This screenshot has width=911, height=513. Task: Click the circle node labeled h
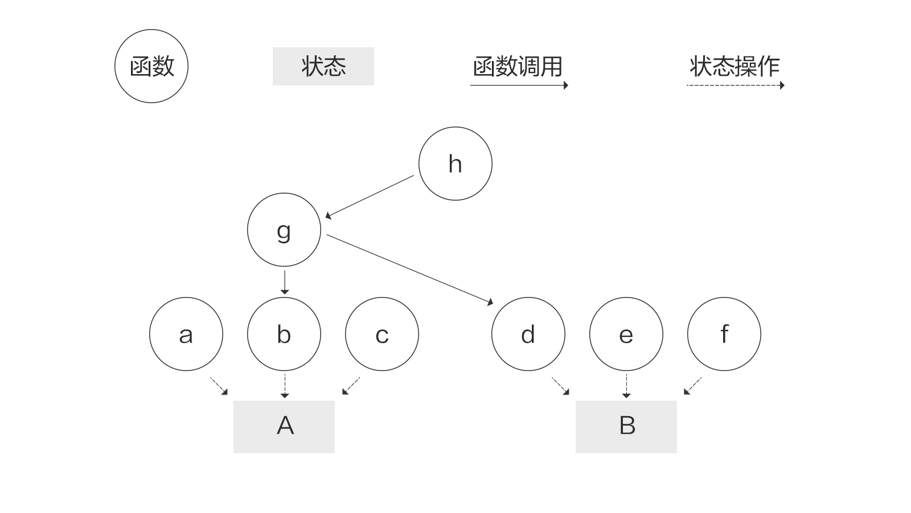point(455,164)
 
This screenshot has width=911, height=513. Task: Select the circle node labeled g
point(284,230)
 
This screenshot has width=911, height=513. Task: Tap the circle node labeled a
point(186,334)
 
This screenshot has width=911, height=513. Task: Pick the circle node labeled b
point(284,334)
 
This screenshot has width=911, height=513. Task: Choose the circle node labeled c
point(382,334)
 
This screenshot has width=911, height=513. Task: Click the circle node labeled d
point(528,334)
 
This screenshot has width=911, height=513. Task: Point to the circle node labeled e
point(626,334)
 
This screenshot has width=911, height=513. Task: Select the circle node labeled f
point(724,334)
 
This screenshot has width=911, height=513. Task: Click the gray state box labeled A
point(284,427)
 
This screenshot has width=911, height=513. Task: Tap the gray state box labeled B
point(626,427)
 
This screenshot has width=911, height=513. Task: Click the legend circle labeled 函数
point(151,66)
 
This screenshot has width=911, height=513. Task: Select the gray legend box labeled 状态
point(323,66)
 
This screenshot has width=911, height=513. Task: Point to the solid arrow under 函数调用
point(519,85)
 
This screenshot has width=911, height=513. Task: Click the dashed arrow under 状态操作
point(735,85)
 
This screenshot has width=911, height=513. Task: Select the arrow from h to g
point(370,197)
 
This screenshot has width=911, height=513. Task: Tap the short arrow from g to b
point(285,282)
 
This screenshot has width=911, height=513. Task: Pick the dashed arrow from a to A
point(219,386)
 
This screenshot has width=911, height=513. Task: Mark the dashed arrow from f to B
point(692,386)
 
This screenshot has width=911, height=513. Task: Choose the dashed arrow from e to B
point(626,386)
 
